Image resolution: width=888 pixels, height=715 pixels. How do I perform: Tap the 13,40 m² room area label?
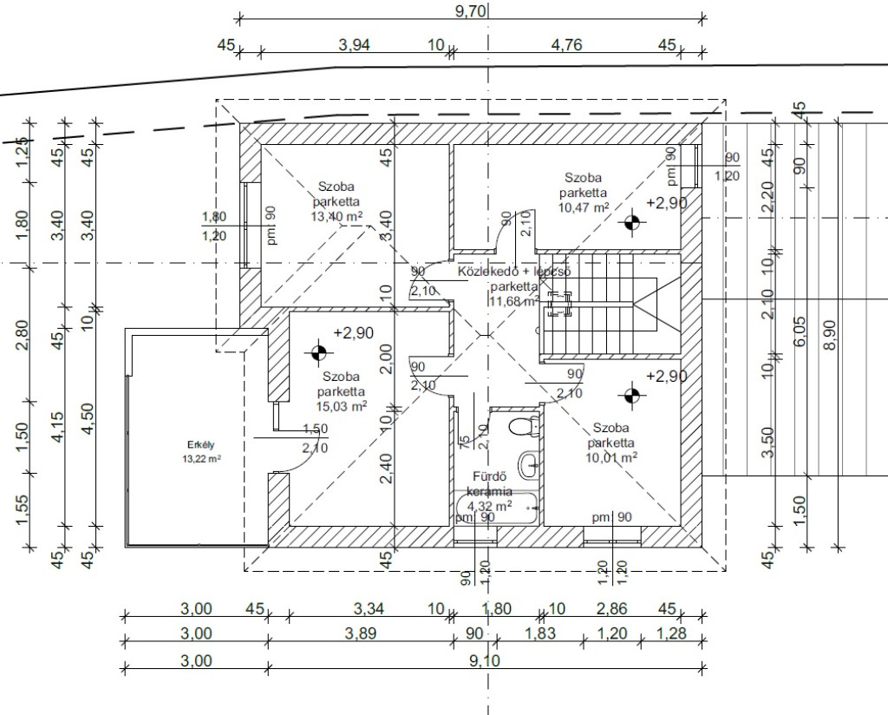(x=337, y=217)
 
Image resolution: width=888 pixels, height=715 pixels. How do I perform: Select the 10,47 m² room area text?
(x=584, y=207)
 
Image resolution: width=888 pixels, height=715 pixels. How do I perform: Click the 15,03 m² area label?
(x=342, y=405)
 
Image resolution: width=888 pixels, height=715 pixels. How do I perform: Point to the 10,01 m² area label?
(x=612, y=456)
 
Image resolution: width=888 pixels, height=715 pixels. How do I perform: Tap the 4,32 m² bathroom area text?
(x=490, y=505)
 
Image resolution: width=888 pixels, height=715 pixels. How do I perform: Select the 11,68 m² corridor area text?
(x=514, y=301)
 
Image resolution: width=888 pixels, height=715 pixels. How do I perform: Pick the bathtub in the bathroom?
(x=495, y=508)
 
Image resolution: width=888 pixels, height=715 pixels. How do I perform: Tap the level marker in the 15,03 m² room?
(x=318, y=353)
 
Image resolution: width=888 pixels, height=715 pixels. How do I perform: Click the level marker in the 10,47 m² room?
(x=632, y=223)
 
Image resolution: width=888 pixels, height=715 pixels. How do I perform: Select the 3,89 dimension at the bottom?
(x=360, y=633)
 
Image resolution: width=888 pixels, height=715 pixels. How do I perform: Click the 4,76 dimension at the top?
(x=566, y=45)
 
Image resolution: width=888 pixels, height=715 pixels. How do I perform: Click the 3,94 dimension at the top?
(x=354, y=45)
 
